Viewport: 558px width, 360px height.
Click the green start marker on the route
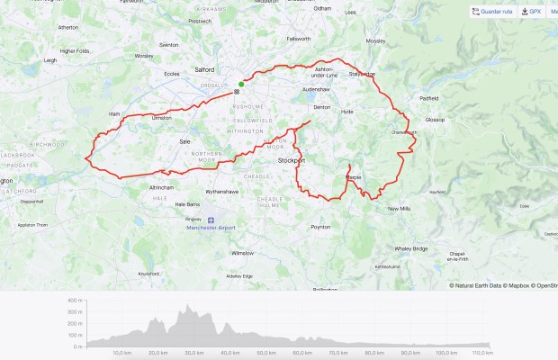241,85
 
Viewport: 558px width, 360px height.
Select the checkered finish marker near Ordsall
237,91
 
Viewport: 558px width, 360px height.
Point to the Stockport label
291,160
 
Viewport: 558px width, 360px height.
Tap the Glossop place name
435,119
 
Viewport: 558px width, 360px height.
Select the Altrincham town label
136,186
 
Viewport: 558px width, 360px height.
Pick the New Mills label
399,209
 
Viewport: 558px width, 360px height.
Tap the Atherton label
68,28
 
